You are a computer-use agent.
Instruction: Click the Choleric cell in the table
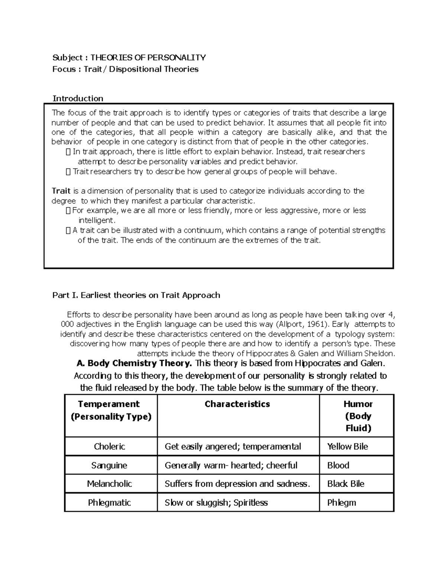pyautogui.click(x=109, y=446)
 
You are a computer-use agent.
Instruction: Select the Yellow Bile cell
pyautogui.click(x=348, y=446)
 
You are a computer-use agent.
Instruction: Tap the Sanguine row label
pyautogui.click(x=109, y=465)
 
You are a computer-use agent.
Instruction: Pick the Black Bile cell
pyautogui.click(x=346, y=484)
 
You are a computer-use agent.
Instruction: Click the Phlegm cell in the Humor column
pyautogui.click(x=342, y=503)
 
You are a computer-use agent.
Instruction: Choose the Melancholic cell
pyautogui.click(x=109, y=484)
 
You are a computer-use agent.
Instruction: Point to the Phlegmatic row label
pyautogui.click(x=109, y=503)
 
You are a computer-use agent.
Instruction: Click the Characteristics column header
pyautogui.click(x=237, y=404)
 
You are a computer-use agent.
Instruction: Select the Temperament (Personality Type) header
pyautogui.click(x=111, y=410)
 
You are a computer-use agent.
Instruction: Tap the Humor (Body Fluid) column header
pyautogui.click(x=358, y=416)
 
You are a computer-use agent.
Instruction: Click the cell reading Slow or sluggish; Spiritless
pyautogui.click(x=216, y=503)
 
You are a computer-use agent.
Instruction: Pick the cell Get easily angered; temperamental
pyautogui.click(x=233, y=446)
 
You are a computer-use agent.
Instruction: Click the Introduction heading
pyautogui.click(x=78, y=98)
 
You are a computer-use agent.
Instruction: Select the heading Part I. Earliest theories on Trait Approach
pyautogui.click(x=136, y=295)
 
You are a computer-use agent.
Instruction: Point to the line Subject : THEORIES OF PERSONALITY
pyautogui.click(x=129, y=57)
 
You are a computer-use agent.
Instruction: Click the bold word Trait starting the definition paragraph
pyautogui.click(x=61, y=191)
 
